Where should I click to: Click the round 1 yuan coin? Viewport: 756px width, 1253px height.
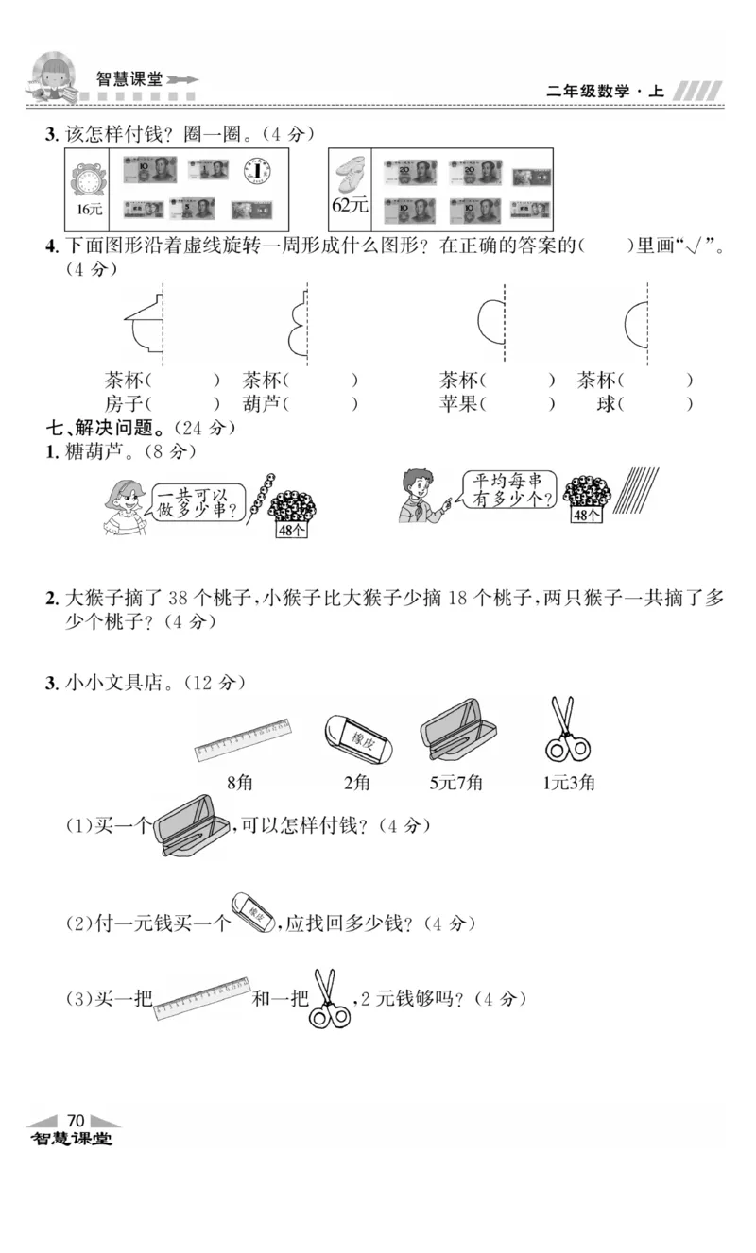tap(256, 169)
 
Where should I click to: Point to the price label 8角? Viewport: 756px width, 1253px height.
tap(240, 783)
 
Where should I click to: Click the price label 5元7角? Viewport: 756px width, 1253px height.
tap(455, 783)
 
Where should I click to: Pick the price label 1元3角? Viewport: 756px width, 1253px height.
tap(569, 783)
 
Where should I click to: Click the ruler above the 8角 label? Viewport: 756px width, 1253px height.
tap(243, 739)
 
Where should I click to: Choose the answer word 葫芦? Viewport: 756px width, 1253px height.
tap(262, 404)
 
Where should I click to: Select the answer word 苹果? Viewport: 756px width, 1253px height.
tap(458, 404)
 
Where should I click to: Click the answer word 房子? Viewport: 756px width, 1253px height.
tap(124, 404)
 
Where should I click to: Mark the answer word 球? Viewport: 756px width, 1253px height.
tap(606, 404)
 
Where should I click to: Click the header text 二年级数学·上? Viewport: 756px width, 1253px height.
tap(605, 92)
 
